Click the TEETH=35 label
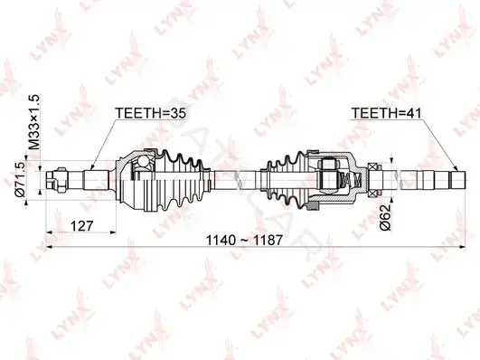(x=150, y=113)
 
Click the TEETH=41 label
(x=386, y=113)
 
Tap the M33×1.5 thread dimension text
(x=35, y=122)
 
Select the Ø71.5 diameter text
(x=21, y=179)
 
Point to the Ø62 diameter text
(x=385, y=217)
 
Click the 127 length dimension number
(x=81, y=226)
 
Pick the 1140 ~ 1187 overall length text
(x=244, y=241)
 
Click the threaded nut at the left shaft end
(x=61, y=180)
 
